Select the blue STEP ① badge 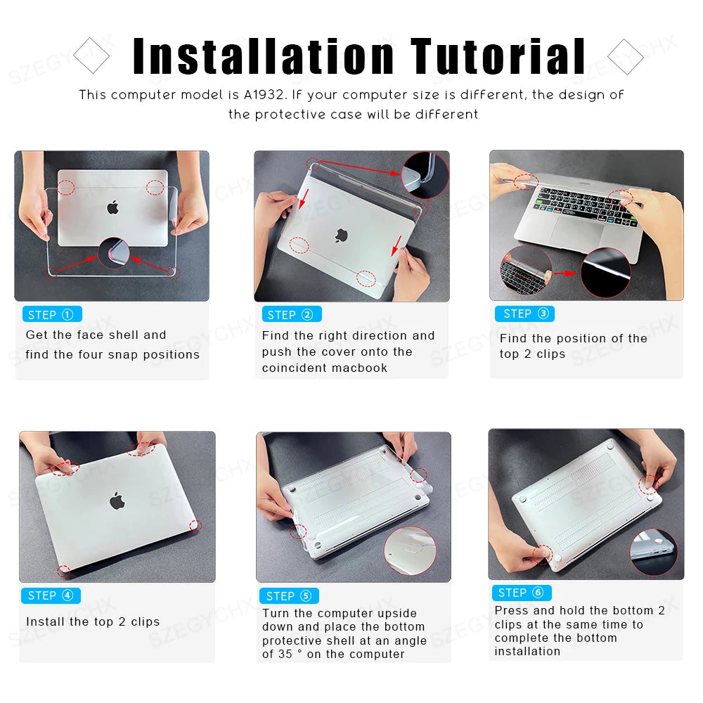click(51, 314)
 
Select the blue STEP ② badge click(291, 314)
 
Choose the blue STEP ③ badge click(524, 314)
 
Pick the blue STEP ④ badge click(51, 595)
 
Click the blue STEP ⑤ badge click(289, 596)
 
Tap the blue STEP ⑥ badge click(521, 593)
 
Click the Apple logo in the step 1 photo click(112, 207)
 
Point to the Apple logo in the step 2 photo click(343, 236)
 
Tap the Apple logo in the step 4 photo click(117, 501)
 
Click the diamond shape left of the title click(91, 56)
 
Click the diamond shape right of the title click(625, 56)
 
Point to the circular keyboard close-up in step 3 click(526, 271)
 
